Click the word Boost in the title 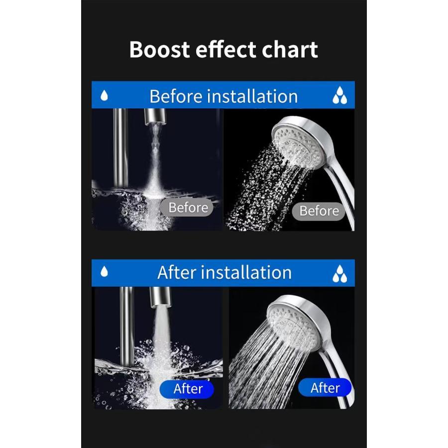(160, 49)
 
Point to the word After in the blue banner (177, 272)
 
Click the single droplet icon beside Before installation (105, 96)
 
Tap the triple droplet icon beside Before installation (339, 95)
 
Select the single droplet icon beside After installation (105, 271)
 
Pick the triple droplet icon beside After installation (339, 273)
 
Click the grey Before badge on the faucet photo (187, 208)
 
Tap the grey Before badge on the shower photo (319, 211)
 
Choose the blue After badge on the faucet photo (187, 389)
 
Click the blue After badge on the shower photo (325, 388)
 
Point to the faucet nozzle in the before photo (155, 116)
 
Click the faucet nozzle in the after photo (161, 297)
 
